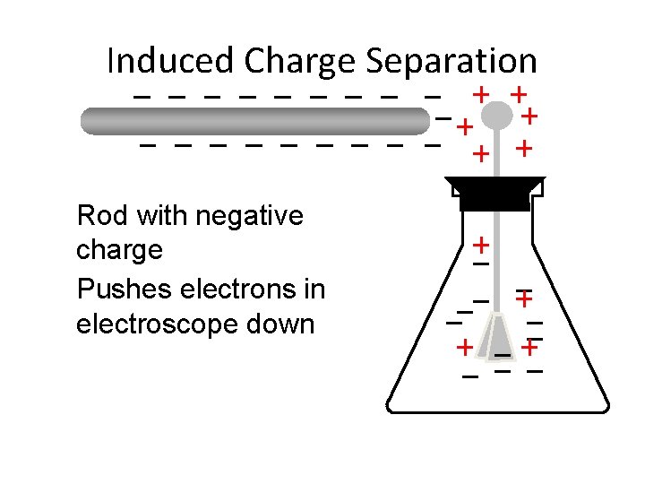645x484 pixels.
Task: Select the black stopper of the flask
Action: pyautogui.click(x=494, y=192)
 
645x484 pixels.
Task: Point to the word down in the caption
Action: pyautogui.click(x=287, y=324)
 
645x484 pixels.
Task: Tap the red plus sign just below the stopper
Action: pyautogui.click(x=481, y=244)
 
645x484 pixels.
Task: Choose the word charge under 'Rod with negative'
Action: pyautogui.click(x=119, y=249)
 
